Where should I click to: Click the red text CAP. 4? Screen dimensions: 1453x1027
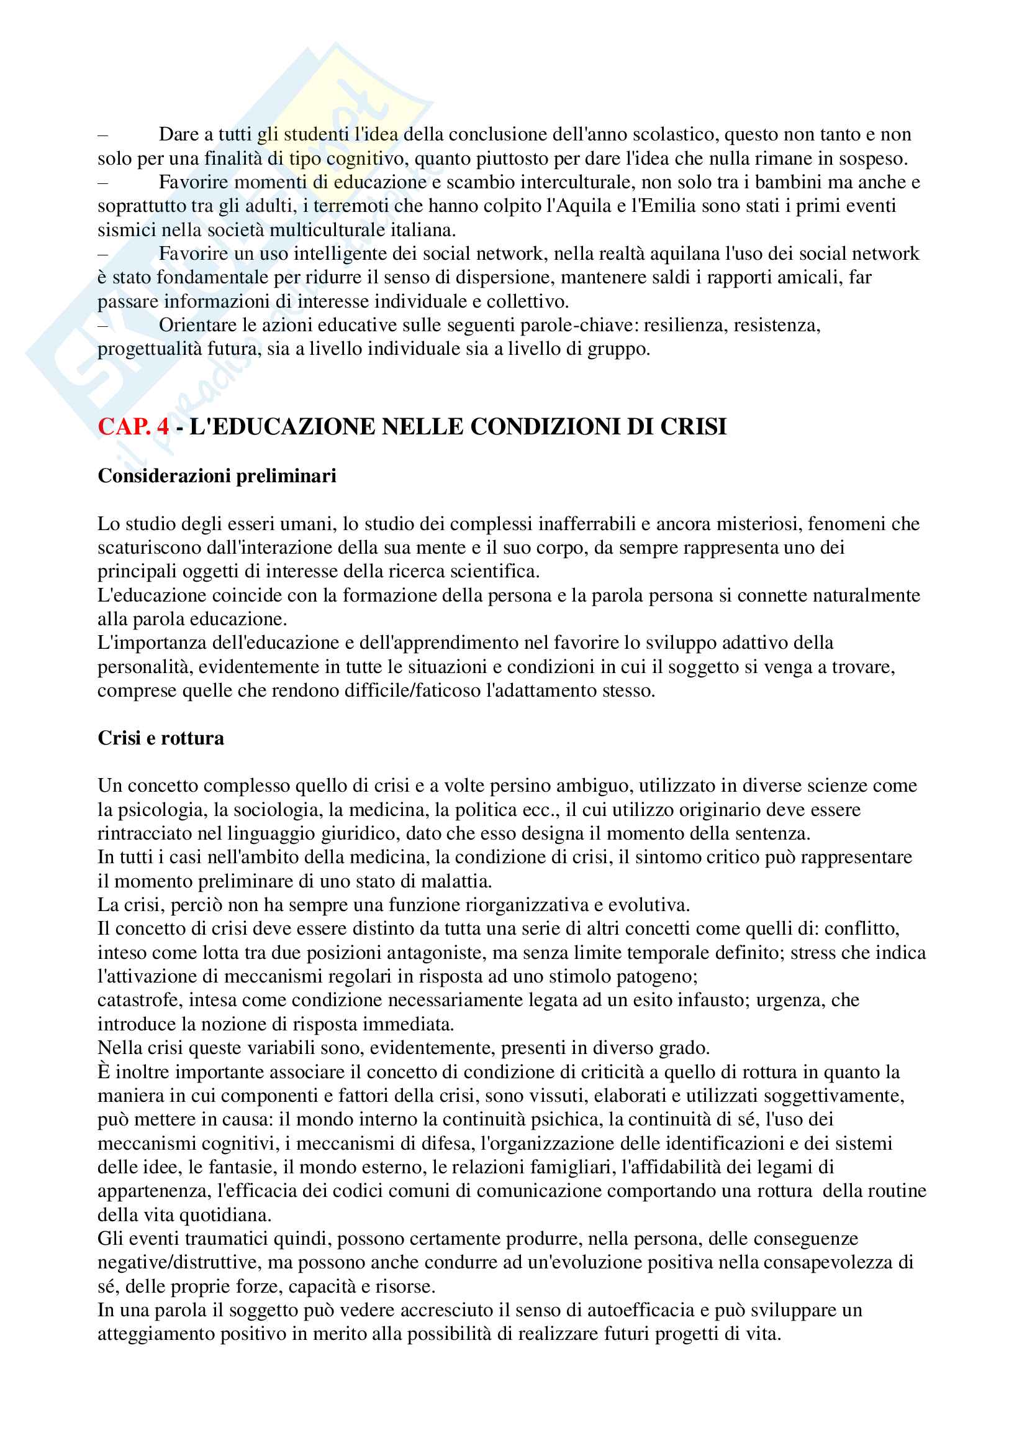133,426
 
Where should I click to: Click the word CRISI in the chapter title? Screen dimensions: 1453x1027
693,426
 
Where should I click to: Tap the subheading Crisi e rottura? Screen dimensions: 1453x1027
161,738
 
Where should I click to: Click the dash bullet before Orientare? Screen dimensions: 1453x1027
103,325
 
